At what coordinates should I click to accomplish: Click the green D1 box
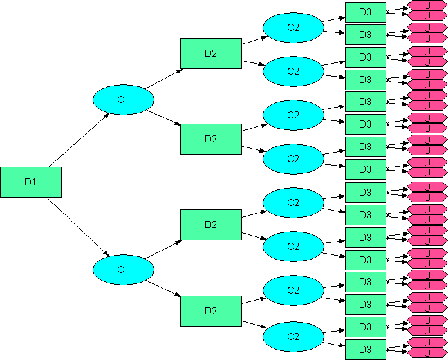click(31, 182)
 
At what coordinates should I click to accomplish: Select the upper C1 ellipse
click(123, 100)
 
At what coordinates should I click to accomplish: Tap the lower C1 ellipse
click(123, 270)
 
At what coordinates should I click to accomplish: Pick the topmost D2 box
click(211, 53)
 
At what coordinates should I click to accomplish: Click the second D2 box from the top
click(211, 139)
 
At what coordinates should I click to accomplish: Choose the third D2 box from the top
click(211, 225)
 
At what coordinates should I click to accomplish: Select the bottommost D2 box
click(211, 311)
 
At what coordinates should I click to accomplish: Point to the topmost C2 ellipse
click(293, 28)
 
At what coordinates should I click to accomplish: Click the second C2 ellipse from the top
click(293, 71)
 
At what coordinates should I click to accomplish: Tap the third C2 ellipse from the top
click(293, 115)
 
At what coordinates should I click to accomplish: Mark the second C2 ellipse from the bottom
click(293, 290)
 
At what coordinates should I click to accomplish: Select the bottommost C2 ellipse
click(293, 337)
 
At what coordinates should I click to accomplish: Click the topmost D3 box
click(366, 12)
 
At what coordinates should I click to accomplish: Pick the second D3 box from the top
click(366, 34)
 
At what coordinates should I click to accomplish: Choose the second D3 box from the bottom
click(366, 327)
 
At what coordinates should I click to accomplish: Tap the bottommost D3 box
click(366, 349)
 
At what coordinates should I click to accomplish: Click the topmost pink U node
click(427, 5)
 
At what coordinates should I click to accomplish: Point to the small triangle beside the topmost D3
click(388, 12)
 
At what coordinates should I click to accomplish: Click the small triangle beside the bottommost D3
click(388, 350)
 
